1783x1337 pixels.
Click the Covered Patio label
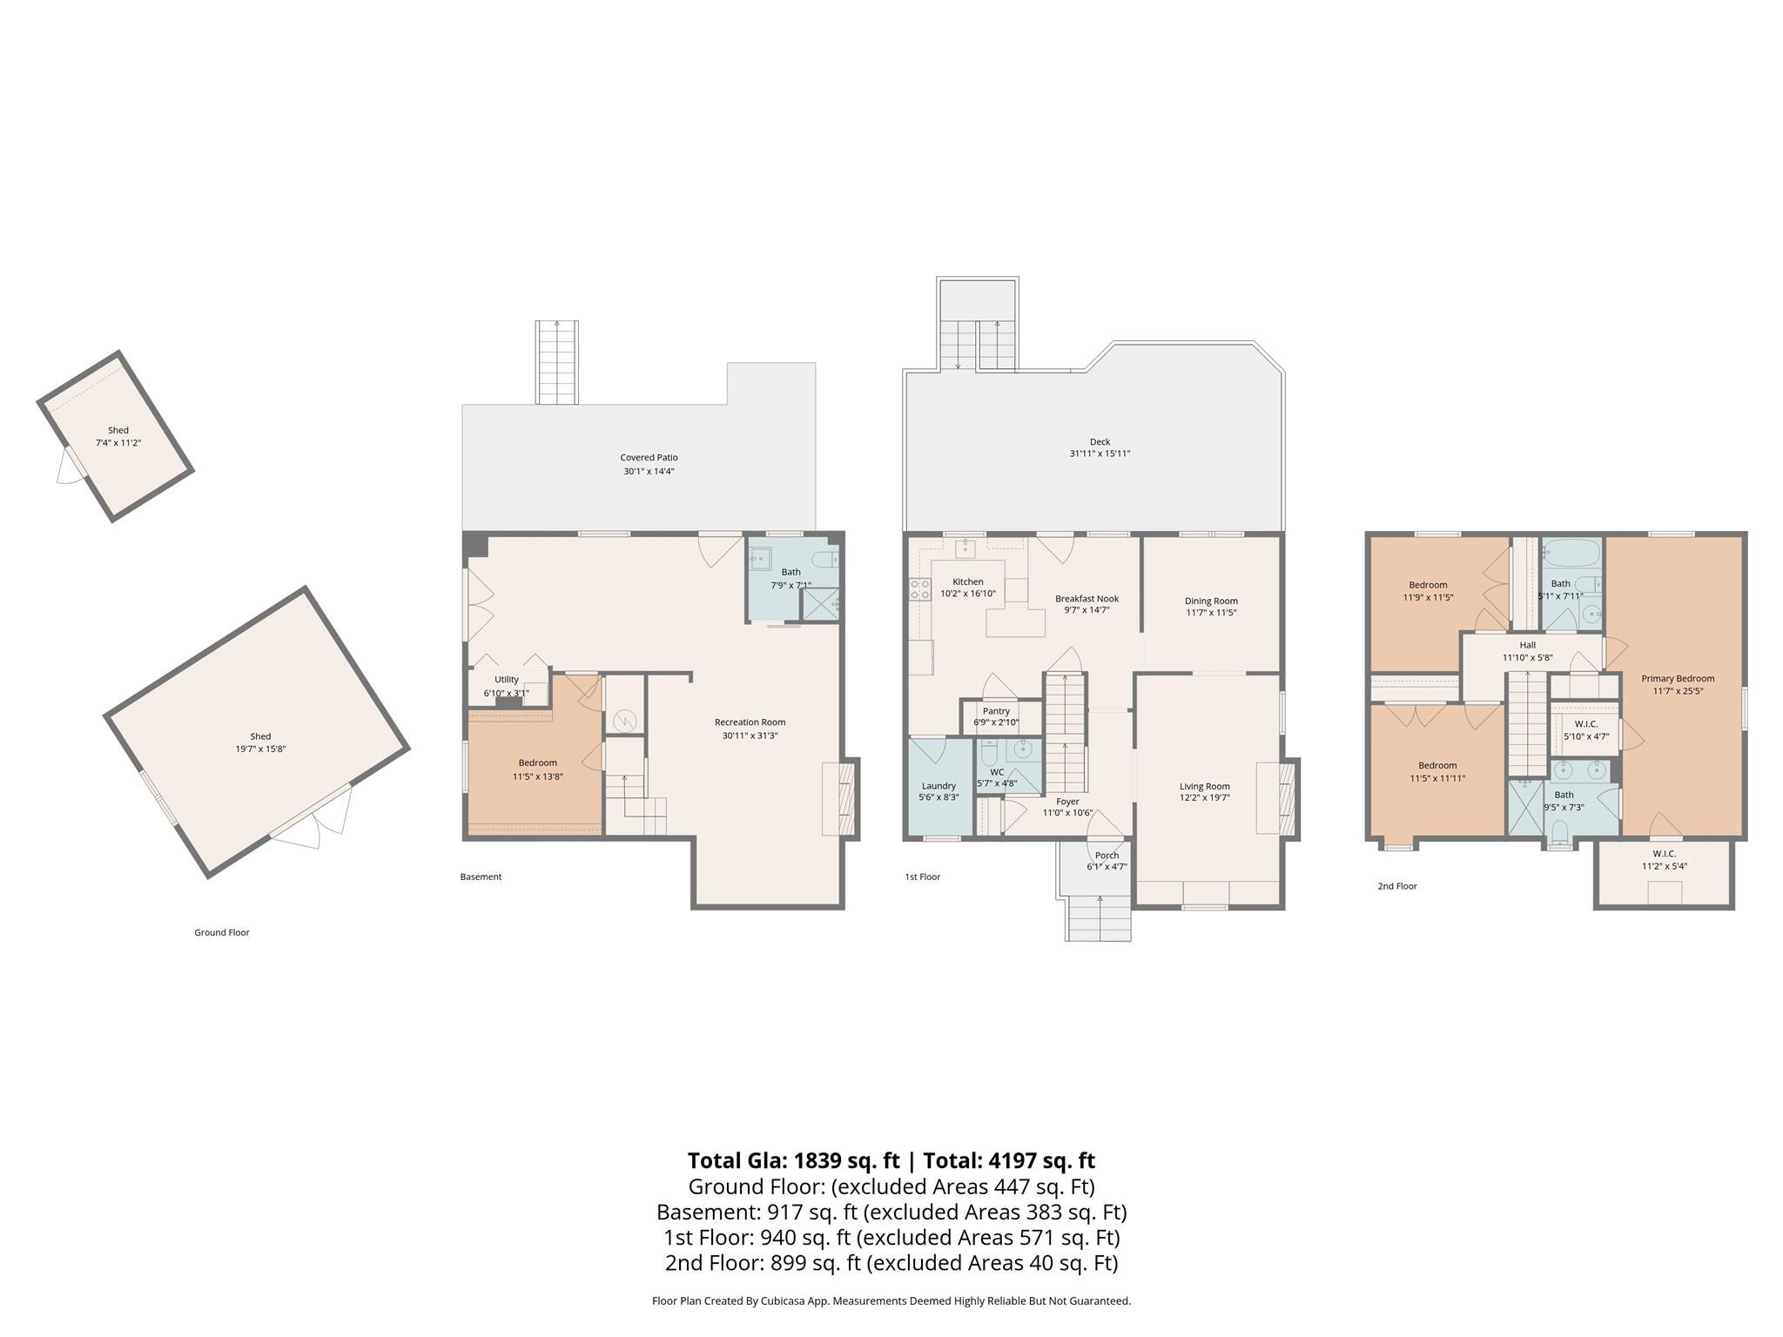point(649,457)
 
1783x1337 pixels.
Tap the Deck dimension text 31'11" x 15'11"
point(1100,454)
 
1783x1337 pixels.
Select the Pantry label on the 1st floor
point(996,711)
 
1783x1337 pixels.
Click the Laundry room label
point(939,786)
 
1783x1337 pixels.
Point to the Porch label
point(1107,856)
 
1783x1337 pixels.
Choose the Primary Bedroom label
point(1678,679)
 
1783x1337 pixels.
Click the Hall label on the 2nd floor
point(1527,645)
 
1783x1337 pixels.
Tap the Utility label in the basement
point(507,680)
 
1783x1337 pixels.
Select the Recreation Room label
point(750,722)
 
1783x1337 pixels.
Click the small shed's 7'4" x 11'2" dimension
point(118,443)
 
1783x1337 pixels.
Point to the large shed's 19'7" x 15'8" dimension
point(260,749)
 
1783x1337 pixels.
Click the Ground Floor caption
point(222,932)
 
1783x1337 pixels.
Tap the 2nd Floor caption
point(1397,886)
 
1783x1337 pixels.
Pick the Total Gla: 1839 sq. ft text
point(793,1160)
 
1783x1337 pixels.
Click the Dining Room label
point(1210,601)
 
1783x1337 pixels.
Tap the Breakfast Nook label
point(1087,599)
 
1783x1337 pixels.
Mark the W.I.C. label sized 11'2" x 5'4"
point(1664,854)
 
